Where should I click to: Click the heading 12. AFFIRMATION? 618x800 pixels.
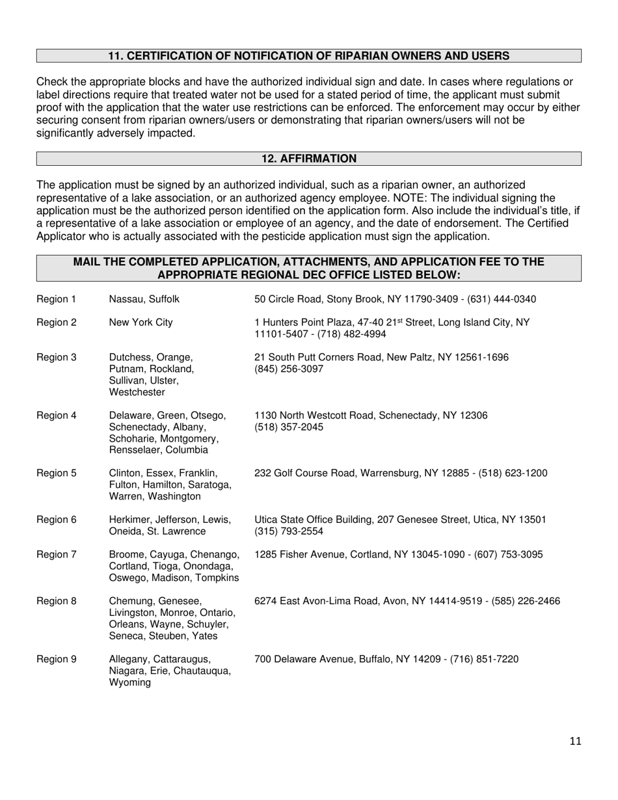pos(308,159)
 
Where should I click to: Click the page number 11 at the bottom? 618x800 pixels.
pos(574,741)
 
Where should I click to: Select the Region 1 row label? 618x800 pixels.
pos(56,299)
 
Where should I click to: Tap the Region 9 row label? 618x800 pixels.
pos(56,660)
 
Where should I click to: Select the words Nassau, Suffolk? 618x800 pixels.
pos(144,299)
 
